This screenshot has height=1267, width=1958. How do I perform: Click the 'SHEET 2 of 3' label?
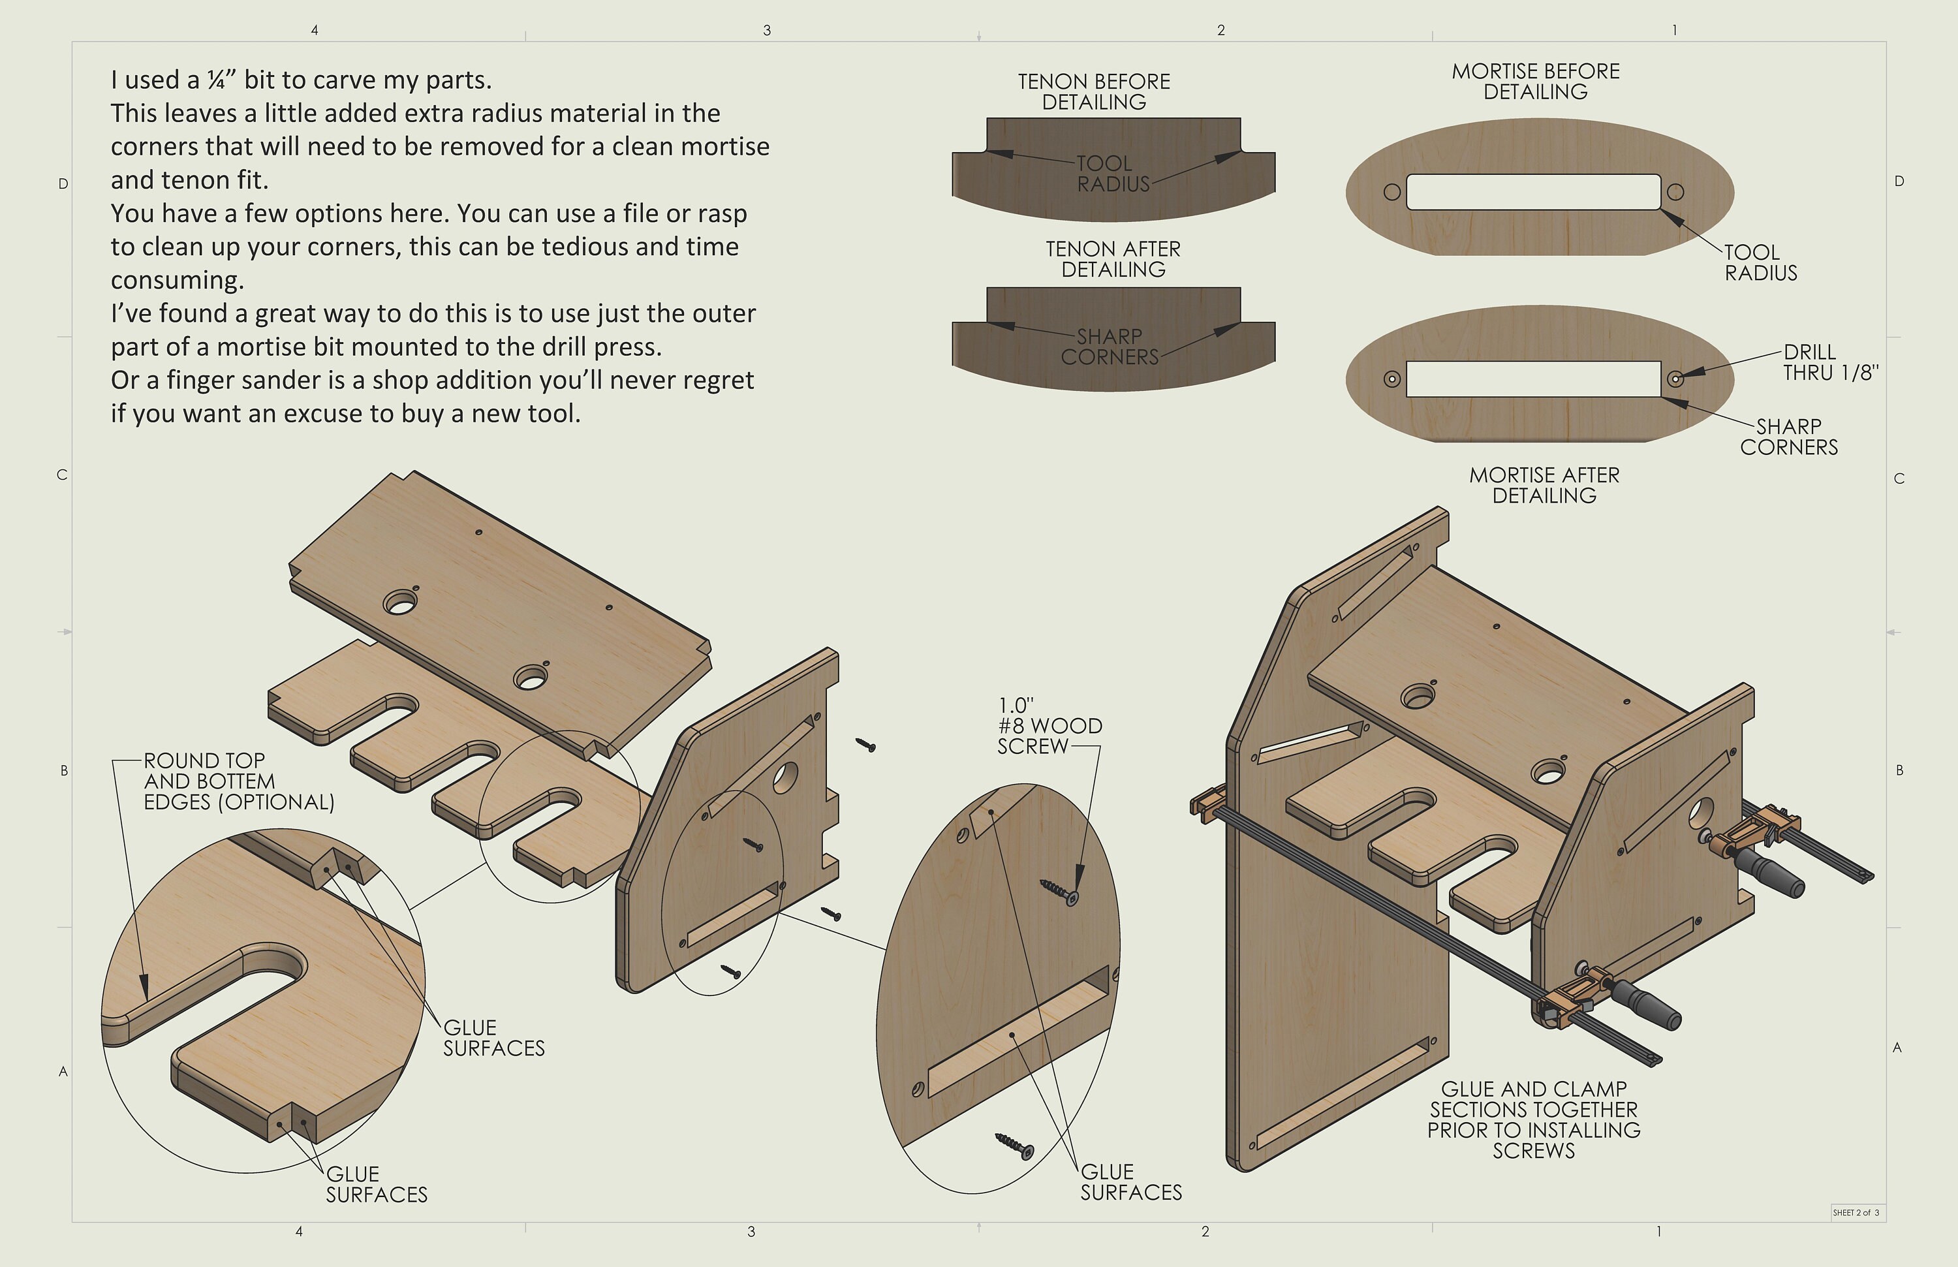click(x=1856, y=1212)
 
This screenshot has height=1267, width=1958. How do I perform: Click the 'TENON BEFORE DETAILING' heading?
click(x=1093, y=91)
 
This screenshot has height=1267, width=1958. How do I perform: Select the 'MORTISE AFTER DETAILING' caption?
click(x=1544, y=486)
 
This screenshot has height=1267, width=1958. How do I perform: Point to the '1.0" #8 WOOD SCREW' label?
click(x=1048, y=726)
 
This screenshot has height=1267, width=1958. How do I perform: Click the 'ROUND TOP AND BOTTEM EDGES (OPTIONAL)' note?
click(x=239, y=781)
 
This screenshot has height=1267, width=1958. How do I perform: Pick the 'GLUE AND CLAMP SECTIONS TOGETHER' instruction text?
click(x=1534, y=1119)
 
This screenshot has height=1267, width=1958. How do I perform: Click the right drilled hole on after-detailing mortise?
click(x=1675, y=379)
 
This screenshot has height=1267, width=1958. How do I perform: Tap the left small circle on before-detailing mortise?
click(x=1392, y=193)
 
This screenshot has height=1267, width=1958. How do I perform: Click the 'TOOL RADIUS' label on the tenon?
click(x=1111, y=174)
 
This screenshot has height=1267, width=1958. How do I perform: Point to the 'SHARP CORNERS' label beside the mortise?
click(x=1788, y=437)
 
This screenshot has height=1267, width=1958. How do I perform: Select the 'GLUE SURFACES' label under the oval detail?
click(x=1130, y=1181)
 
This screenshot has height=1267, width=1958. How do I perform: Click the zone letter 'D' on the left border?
click(x=63, y=183)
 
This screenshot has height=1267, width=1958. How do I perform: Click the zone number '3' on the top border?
click(x=767, y=31)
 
